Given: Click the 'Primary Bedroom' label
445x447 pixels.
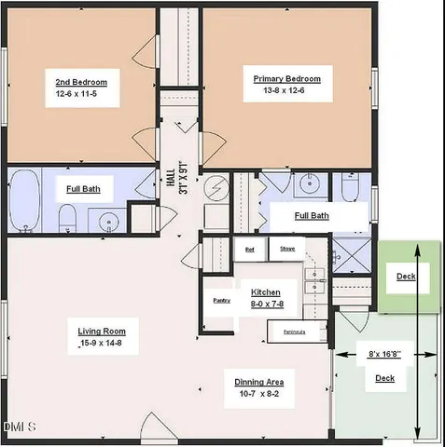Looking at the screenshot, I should point(287,79).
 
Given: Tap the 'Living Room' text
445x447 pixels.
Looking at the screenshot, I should point(102,332).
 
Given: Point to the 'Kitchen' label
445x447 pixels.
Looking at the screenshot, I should point(265,292).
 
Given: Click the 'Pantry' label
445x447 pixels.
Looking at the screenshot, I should point(221,300).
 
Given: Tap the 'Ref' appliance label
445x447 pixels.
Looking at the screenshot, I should point(249,249).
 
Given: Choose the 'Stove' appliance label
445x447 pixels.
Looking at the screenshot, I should point(287,249).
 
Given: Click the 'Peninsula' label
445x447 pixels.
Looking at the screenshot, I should point(294,331).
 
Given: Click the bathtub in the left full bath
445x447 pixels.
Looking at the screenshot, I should point(24,200).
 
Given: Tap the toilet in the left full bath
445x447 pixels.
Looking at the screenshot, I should point(67,219).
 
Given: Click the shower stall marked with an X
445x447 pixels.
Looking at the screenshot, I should point(351,251).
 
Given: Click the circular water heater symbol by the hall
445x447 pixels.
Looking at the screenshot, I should point(215,189).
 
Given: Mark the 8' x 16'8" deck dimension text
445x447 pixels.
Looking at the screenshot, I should point(382,355).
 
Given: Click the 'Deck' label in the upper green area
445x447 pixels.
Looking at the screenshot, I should point(406,277).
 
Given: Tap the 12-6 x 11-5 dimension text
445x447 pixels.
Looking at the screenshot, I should point(81,94).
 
